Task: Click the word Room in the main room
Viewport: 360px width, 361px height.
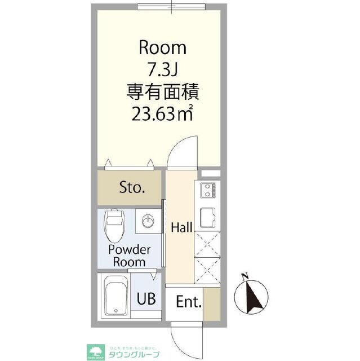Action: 162,47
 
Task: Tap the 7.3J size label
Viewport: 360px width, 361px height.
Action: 162,69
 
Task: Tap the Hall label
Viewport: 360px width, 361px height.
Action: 182,227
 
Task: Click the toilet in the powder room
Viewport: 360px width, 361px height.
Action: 114,225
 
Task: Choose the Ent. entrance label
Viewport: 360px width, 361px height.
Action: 188,303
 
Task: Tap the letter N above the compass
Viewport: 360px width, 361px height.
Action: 244,276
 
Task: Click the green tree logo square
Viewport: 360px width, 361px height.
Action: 94,351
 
